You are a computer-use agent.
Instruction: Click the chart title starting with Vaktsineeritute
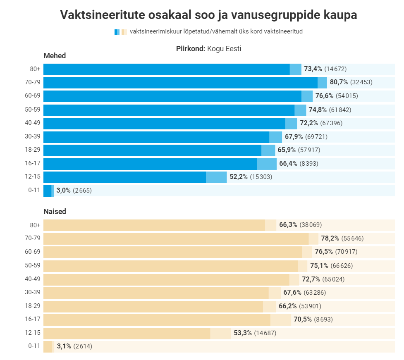pos(208,15)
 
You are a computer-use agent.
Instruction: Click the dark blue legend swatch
pos(116,32)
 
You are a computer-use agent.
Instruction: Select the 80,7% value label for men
pos(339,82)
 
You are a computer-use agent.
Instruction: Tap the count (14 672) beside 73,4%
pos(335,69)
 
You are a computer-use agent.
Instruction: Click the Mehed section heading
pos(55,56)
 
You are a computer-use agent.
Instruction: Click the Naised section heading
pos(55,212)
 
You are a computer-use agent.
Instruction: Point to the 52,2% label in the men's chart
pos(239,177)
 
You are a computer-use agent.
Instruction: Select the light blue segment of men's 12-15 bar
pos(216,177)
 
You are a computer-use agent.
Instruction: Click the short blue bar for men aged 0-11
pos(47,191)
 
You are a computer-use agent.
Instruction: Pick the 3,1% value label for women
pos(64,346)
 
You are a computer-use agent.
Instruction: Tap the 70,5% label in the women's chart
pos(303,319)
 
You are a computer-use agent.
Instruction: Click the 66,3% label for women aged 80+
pos(288,225)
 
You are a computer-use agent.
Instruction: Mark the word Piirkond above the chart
pos(190,49)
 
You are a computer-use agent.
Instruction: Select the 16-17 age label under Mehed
pos(33,164)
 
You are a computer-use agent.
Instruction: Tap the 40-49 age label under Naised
pos(33,279)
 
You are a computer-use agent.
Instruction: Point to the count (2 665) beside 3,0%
pos(82,191)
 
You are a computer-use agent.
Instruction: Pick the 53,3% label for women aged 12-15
pos(243,333)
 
